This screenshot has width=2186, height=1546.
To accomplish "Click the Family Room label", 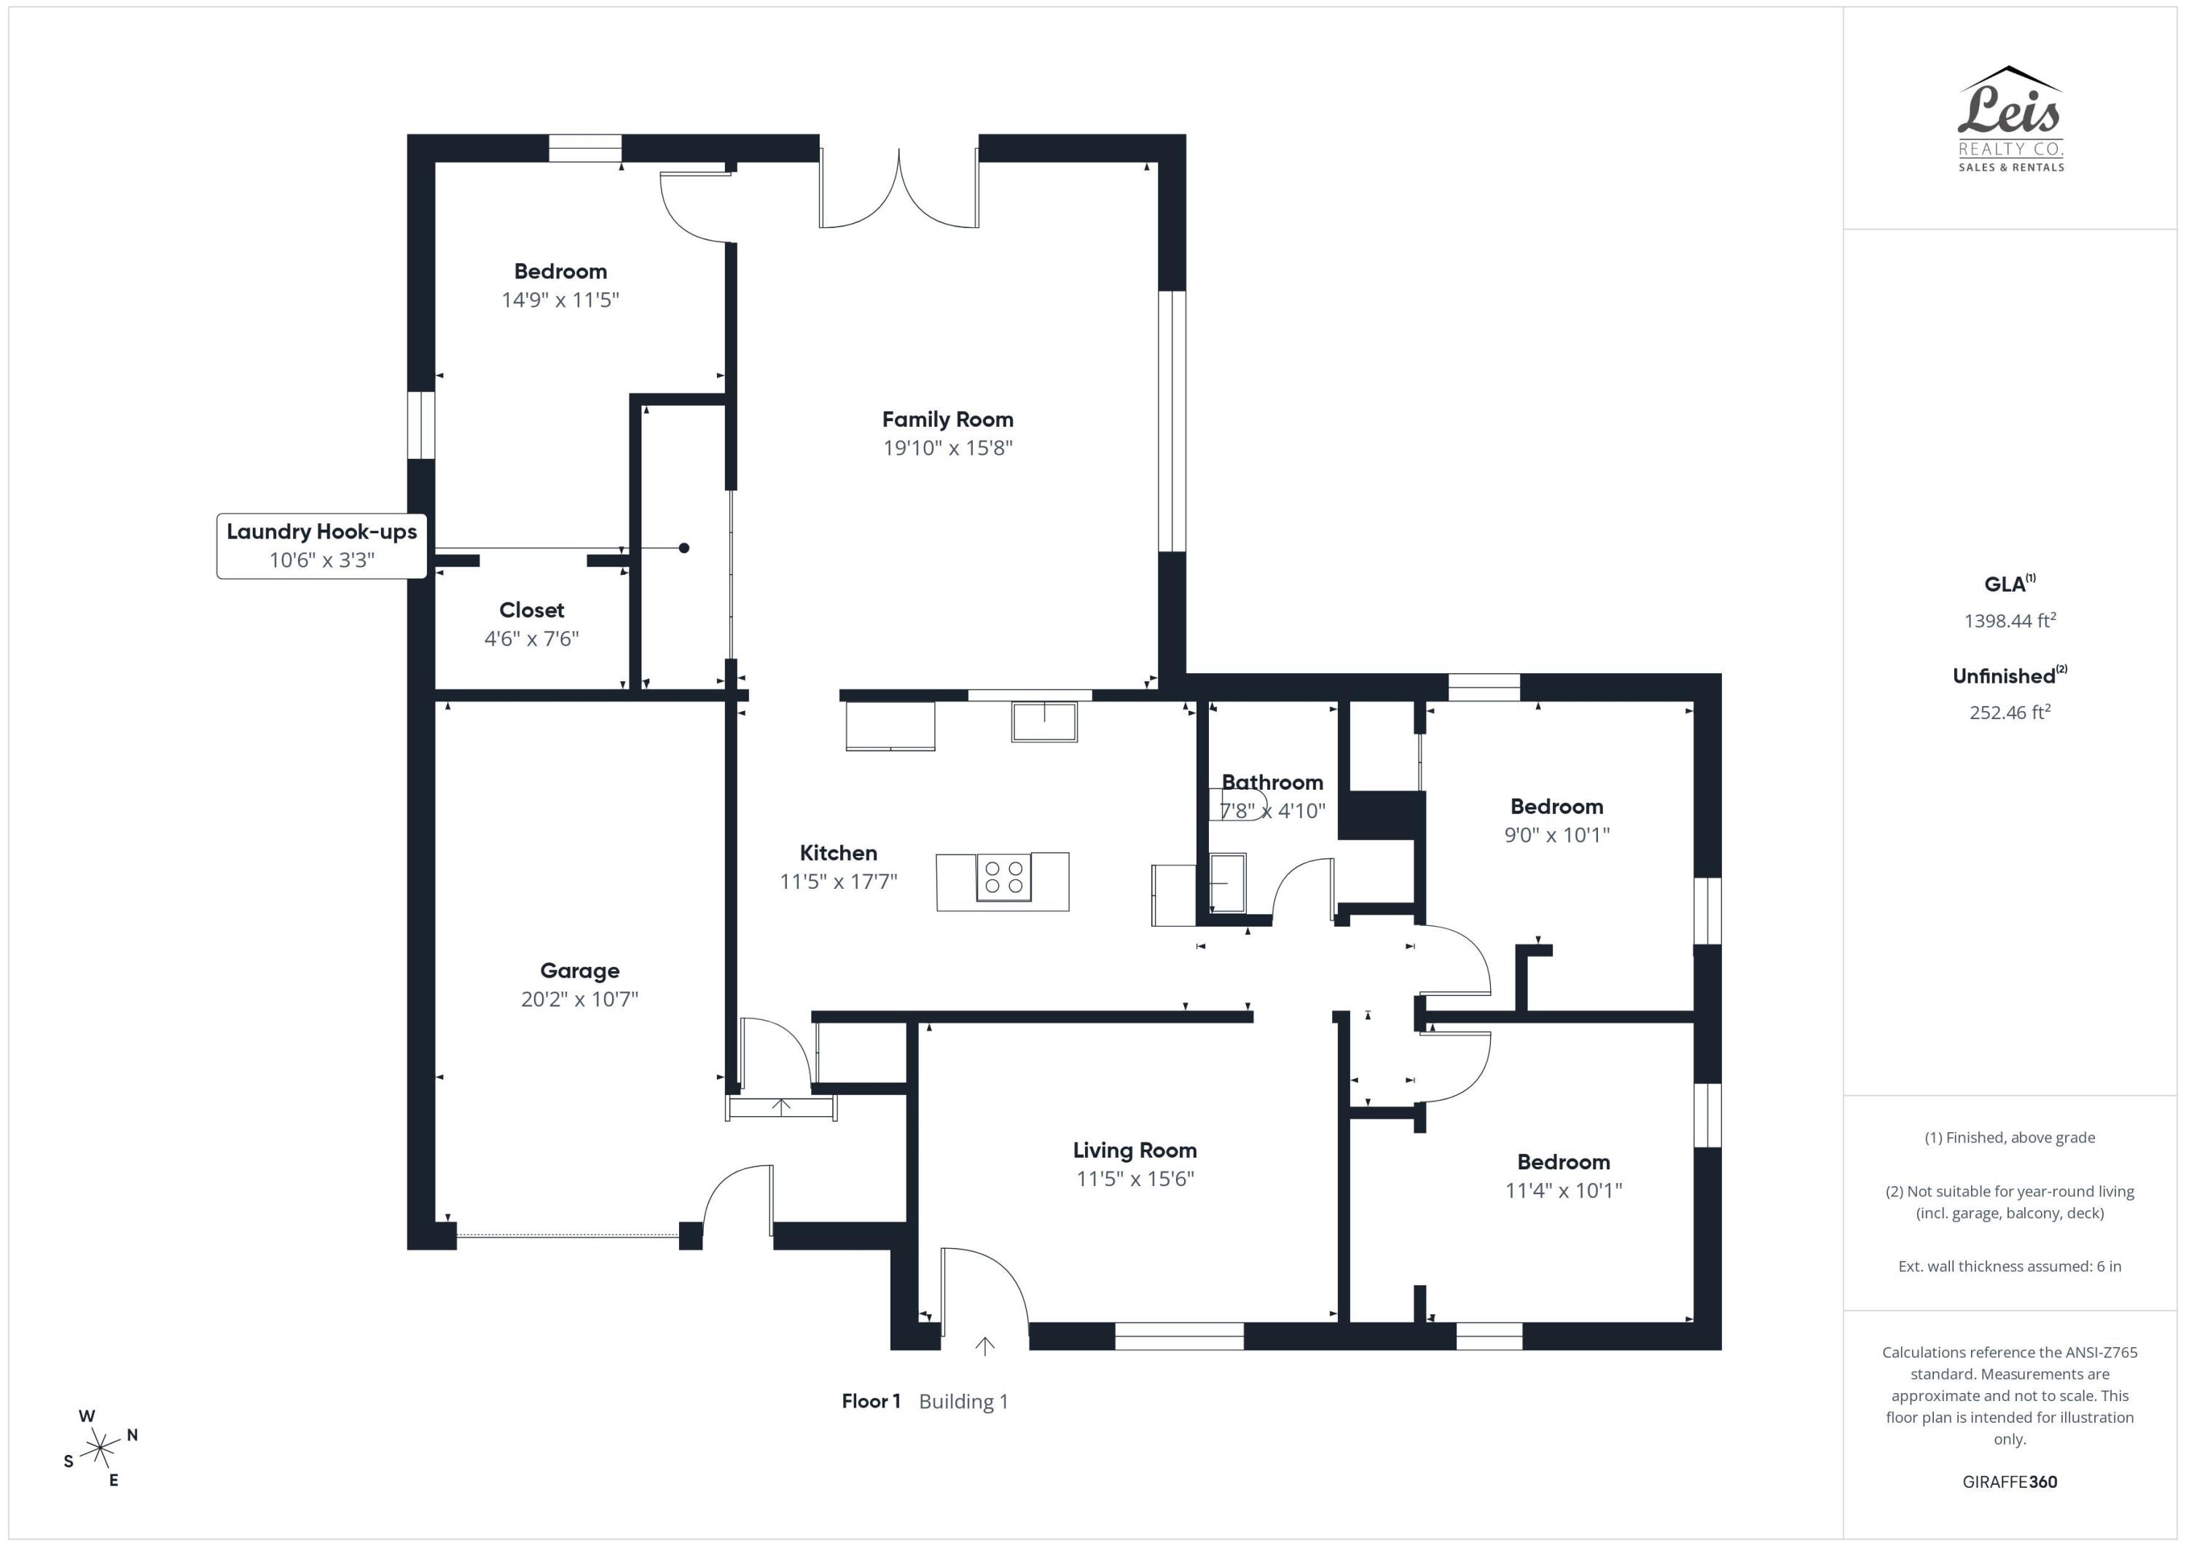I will pyautogui.click(x=947, y=420).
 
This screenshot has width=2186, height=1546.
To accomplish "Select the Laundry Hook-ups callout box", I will pyautogui.click(x=322, y=546).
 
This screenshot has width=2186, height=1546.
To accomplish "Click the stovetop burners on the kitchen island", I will pyautogui.click(x=1003, y=878).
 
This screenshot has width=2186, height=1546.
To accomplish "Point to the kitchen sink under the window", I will pyautogui.click(x=1043, y=721).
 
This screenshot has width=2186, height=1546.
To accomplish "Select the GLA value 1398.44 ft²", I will pyautogui.click(x=2009, y=621).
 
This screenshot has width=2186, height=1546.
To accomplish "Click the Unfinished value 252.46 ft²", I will pyautogui.click(x=2009, y=712).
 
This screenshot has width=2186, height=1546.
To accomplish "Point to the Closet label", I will pyautogui.click(x=531, y=611).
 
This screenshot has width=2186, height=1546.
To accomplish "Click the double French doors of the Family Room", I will pyautogui.click(x=898, y=190).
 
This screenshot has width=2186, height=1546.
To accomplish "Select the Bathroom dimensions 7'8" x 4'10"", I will pyautogui.click(x=1272, y=811).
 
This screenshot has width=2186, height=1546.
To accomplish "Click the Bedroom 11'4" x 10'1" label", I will pyautogui.click(x=1562, y=1162).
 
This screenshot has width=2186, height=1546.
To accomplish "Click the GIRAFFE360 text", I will pyautogui.click(x=2009, y=1482).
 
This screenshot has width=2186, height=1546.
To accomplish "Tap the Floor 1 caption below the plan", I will pyautogui.click(x=870, y=1401).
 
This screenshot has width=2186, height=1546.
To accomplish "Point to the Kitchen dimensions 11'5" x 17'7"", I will pyautogui.click(x=838, y=882).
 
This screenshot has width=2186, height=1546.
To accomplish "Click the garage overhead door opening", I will pyautogui.click(x=568, y=1236).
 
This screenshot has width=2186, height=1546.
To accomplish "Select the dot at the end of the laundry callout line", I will pyautogui.click(x=683, y=549).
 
